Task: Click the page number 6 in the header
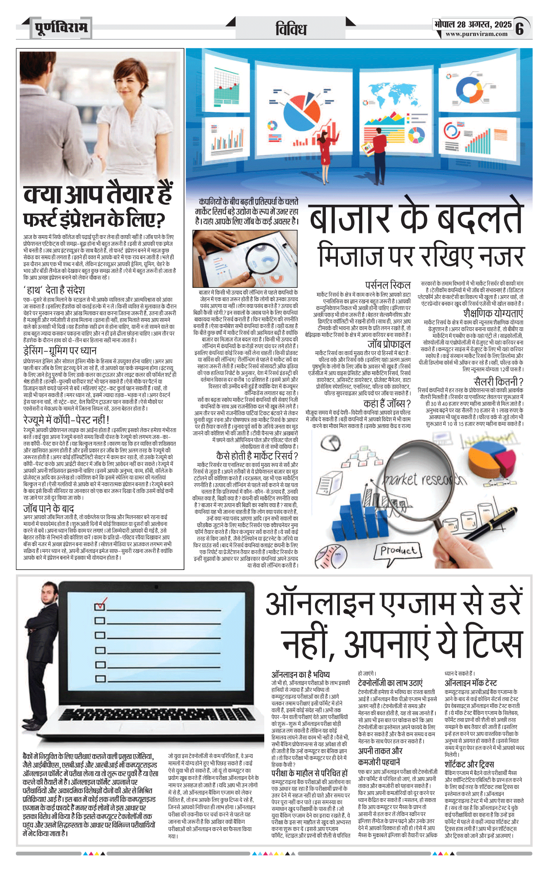tap(520, 29)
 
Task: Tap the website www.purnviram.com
tap(476, 34)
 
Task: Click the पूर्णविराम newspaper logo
tap(61, 28)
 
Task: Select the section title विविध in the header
tap(291, 29)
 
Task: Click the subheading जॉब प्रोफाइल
tap(389, 344)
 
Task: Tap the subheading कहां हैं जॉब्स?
tap(387, 404)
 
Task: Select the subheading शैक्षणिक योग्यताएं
tap(493, 313)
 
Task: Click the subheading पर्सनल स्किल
tap(387, 285)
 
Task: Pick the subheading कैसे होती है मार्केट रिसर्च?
tap(257, 456)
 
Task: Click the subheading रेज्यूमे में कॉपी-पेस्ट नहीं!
tap(66, 420)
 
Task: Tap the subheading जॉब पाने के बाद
tap(48, 508)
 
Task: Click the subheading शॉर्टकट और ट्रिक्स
tap(469, 764)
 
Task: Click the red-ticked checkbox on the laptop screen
tap(100, 605)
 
